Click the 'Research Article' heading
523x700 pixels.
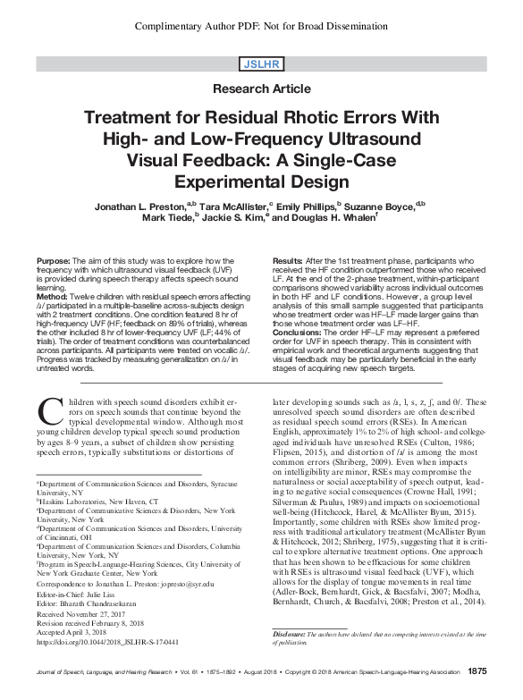point(261,90)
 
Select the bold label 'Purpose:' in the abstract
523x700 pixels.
point(55,258)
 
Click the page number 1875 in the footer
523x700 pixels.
point(477,670)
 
